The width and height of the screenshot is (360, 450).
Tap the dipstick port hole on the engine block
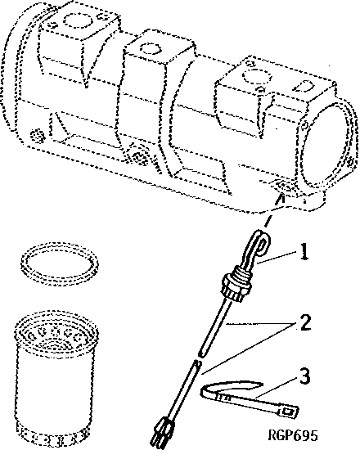click(281, 190)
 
